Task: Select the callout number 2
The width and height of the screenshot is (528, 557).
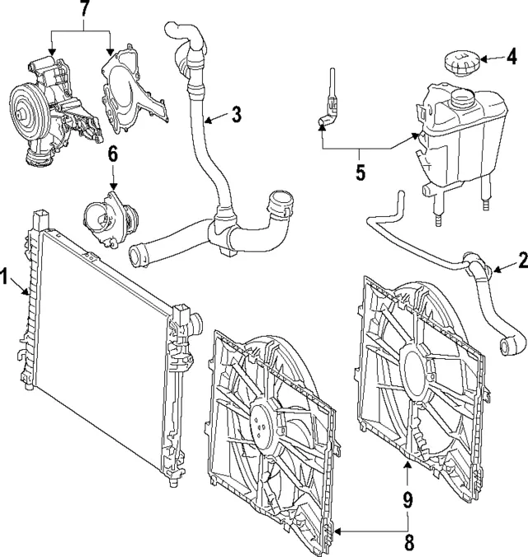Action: coord(521,262)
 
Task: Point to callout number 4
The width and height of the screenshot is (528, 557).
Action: coord(511,58)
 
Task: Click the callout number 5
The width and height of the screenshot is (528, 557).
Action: coord(360,174)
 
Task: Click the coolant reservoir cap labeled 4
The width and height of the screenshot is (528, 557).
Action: coord(459,62)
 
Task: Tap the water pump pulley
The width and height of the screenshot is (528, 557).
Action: coord(26,108)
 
